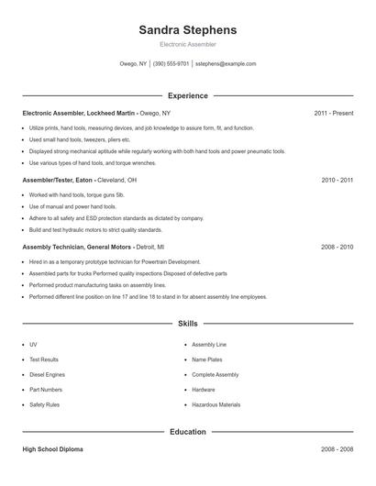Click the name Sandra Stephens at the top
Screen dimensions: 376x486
[187, 29]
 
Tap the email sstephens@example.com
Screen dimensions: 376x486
[225, 64]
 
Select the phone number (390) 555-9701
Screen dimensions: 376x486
[171, 64]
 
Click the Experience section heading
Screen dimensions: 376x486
[187, 95]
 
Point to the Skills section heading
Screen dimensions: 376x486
[187, 324]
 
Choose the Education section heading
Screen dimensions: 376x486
[187, 431]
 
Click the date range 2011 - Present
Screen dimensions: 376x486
[333, 113]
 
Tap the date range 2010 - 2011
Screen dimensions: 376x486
[337, 181]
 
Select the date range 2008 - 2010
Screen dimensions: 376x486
[337, 248]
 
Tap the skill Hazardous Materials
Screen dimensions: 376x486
[216, 404]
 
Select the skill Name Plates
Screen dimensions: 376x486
[207, 359]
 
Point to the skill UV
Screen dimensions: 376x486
[33, 345]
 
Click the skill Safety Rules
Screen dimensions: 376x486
[44, 404]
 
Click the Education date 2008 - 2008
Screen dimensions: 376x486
[337, 449]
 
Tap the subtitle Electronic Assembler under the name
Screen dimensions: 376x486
[187, 44]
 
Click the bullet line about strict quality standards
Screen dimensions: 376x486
[95, 229]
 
